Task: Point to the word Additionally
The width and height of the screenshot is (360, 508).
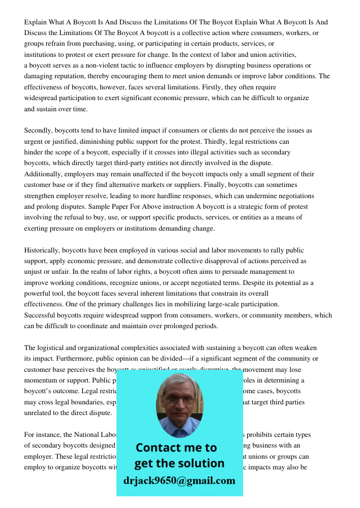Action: pos(43,174)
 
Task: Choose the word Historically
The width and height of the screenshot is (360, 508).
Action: pos(42,250)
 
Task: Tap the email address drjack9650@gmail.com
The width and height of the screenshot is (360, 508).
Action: pos(179,481)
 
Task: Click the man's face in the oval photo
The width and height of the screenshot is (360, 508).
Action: pos(179,401)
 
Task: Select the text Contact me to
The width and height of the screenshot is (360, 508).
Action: pos(176,448)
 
